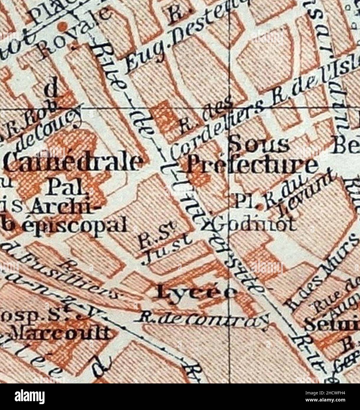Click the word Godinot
[254, 225]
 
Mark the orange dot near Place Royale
[62, 27]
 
